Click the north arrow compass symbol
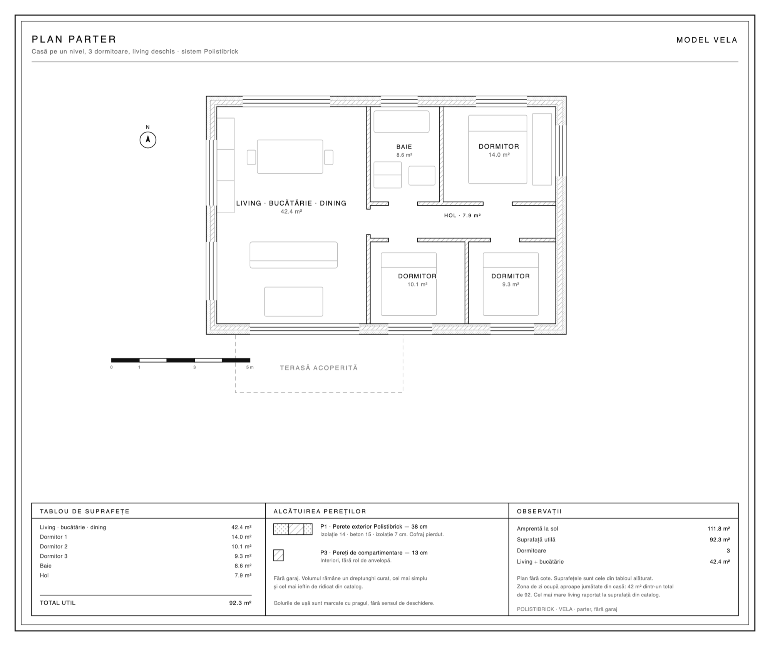(148, 140)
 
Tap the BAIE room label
(404, 147)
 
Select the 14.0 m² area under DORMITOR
(499, 155)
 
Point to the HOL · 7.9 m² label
(462, 216)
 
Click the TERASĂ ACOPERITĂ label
(319, 368)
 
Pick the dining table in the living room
(290, 157)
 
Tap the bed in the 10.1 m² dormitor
(409, 284)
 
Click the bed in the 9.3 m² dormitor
(511, 284)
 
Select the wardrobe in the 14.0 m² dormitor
(542, 149)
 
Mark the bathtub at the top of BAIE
(402, 122)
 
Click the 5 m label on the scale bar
(250, 367)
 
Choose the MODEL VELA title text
(707, 40)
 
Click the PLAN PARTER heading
(74, 39)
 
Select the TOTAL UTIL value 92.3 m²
(240, 603)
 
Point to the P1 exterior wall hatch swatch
(293, 529)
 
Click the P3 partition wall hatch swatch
(278, 555)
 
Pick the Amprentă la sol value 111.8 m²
(719, 529)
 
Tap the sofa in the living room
(294, 255)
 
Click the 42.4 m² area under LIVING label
(291, 211)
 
